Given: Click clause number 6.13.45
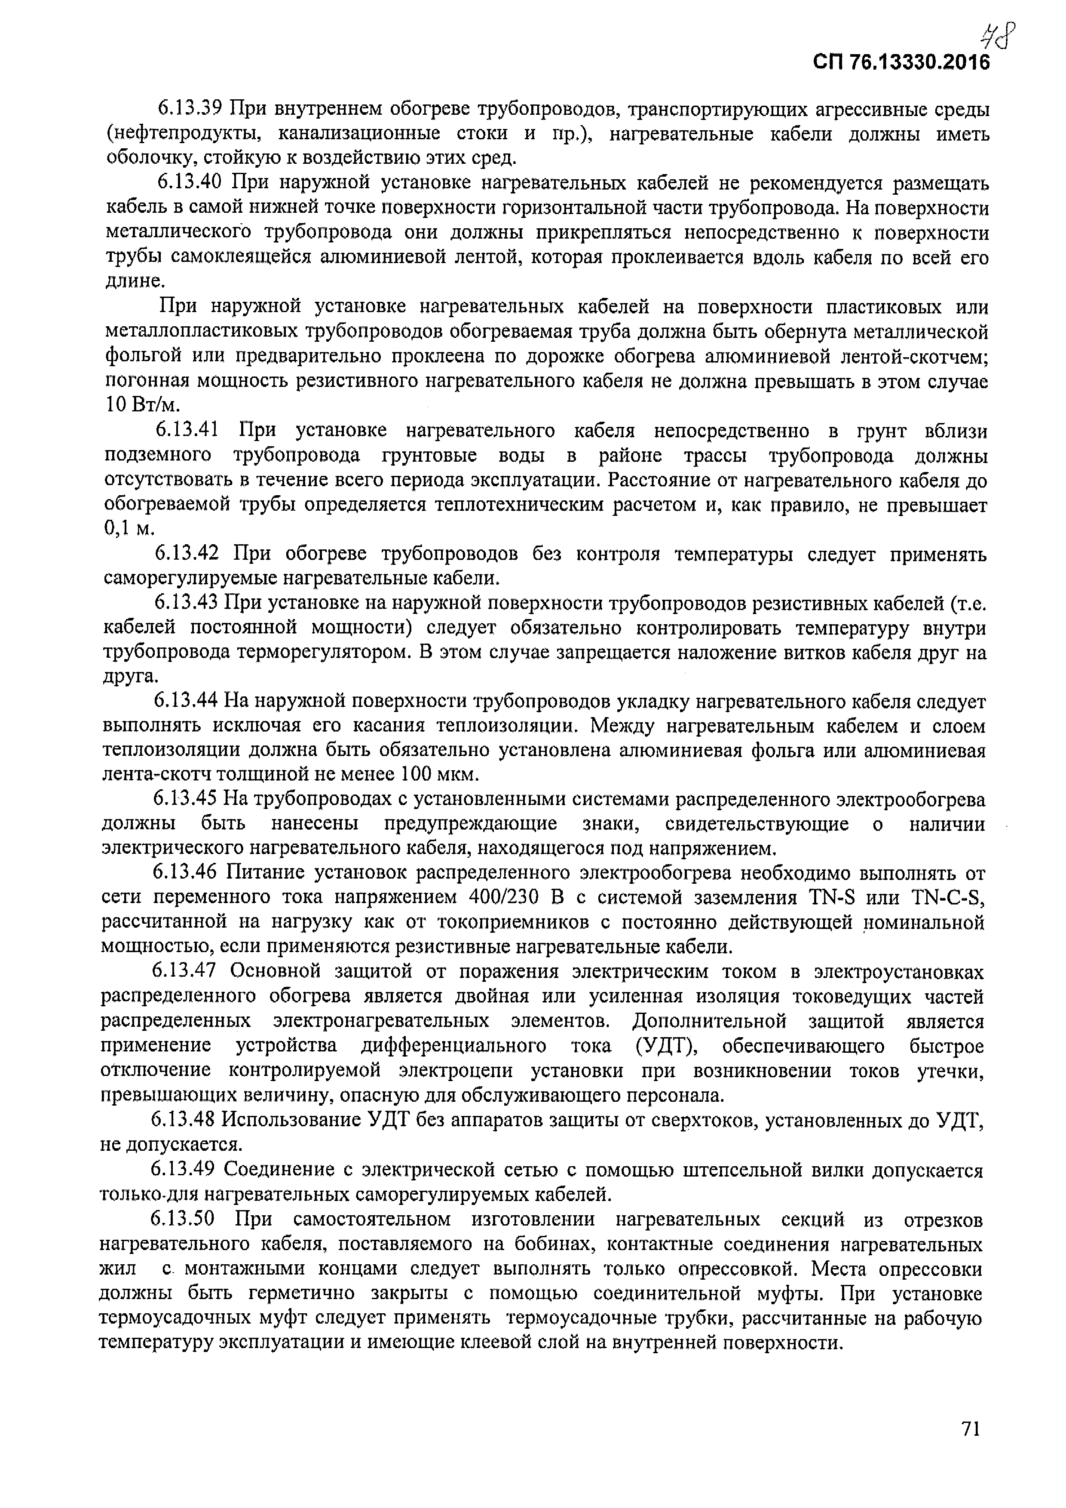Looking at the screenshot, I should [x=185, y=799].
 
